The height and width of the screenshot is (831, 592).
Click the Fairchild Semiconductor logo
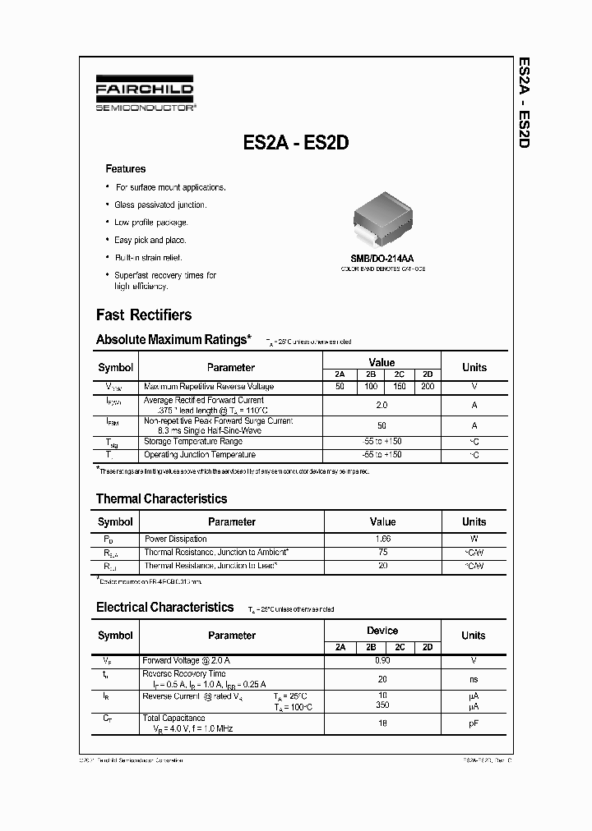coord(144,95)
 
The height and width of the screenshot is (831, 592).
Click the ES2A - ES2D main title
coord(297,142)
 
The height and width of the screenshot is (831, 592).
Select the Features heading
coord(126,169)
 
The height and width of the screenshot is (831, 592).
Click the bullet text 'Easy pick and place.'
coord(150,240)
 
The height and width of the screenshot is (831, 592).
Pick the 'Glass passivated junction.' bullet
coord(160,204)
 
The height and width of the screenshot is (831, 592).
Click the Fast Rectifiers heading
coord(144,314)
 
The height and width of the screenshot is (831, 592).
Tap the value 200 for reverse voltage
coord(427,386)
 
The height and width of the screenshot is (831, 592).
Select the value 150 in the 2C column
coord(400,386)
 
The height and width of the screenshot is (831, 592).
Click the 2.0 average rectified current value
coord(382,405)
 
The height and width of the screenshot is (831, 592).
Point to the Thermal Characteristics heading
coord(161,498)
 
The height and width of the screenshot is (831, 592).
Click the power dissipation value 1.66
coord(382,539)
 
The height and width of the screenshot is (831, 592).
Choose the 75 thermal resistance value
coord(382,553)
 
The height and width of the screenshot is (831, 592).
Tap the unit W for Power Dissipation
coord(474,539)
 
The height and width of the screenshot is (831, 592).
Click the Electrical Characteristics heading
coord(164,608)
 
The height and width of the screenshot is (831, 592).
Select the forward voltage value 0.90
coord(382,660)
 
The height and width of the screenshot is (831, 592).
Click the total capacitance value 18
coord(382,723)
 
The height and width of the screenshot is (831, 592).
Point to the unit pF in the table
coord(474,723)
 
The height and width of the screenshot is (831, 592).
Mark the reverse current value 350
coord(382,705)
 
